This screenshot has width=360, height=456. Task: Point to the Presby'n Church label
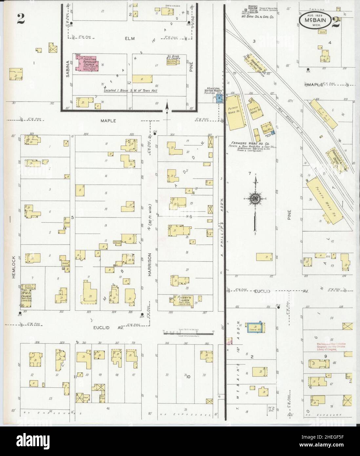(x=185, y=299)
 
